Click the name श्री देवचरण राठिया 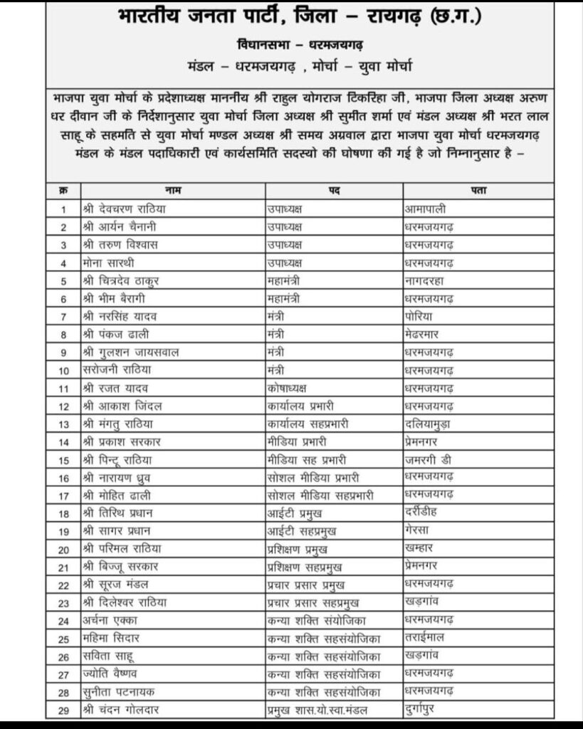[125, 209]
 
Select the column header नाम [172, 191]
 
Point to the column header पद [333, 191]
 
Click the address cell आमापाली [429, 209]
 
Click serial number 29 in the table [63, 710]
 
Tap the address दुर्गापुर [427, 709]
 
